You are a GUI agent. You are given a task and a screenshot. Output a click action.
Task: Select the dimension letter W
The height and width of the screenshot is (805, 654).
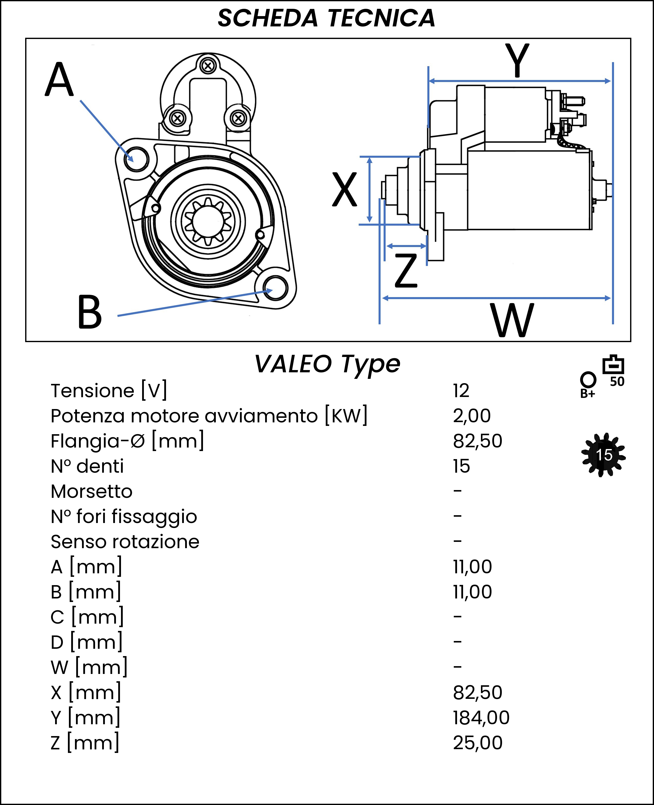tap(512, 320)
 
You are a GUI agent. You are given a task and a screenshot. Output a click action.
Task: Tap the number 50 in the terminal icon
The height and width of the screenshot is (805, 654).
tap(617, 382)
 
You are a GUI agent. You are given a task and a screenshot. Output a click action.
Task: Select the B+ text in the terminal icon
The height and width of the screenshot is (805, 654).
tap(588, 394)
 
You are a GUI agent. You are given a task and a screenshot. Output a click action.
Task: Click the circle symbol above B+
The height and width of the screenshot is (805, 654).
tap(588, 379)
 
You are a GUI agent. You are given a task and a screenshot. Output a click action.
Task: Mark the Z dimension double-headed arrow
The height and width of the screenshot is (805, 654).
tap(406, 246)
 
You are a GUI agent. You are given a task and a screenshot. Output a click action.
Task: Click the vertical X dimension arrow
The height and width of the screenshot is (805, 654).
tap(370, 190)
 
